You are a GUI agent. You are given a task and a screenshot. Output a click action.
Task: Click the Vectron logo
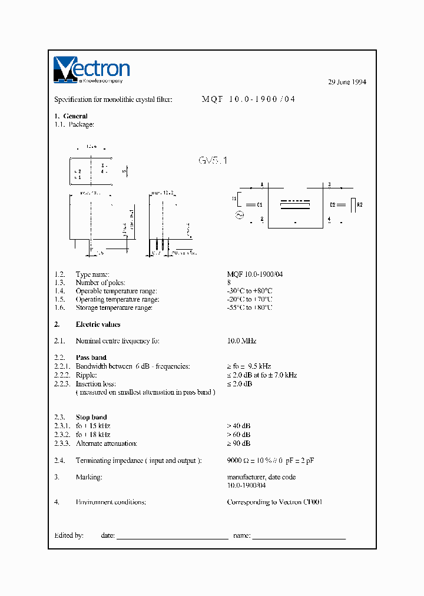point(91,69)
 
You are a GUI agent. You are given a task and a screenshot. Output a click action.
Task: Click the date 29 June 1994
point(347,82)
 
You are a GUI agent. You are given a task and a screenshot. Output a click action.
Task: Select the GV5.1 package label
point(213,161)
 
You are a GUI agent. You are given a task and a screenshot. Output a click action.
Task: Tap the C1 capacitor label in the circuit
point(260,204)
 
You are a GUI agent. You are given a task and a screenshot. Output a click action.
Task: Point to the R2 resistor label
point(360,204)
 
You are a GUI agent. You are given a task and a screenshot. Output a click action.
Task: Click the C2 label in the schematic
point(333,204)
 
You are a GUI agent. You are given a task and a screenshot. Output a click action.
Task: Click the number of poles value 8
point(229,283)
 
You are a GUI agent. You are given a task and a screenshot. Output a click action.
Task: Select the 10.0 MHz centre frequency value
point(241,341)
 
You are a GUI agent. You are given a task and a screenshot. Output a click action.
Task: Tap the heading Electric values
point(98,325)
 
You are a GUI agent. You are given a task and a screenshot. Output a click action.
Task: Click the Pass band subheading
point(91,357)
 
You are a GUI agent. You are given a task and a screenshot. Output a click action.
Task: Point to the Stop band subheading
point(91,417)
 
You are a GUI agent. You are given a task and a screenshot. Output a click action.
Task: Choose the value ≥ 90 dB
point(238,443)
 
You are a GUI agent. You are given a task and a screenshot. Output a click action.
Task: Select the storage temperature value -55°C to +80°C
point(250,308)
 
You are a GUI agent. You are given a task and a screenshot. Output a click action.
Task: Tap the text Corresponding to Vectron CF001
point(274,502)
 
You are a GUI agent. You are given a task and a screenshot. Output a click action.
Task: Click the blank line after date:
point(172,537)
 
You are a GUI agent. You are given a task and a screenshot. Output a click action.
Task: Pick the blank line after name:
point(299,537)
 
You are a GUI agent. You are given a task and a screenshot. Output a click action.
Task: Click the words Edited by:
point(69,535)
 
